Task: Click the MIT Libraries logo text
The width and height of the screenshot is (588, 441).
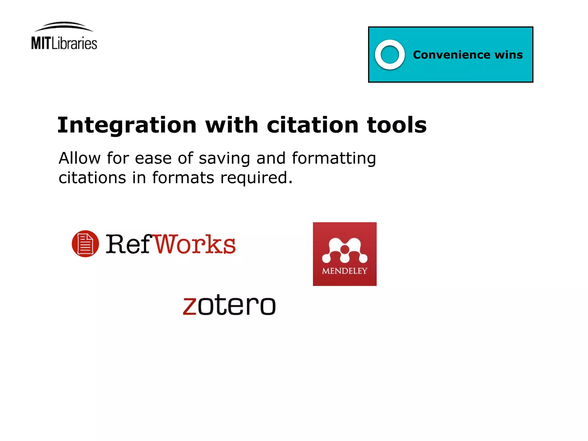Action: coord(64,43)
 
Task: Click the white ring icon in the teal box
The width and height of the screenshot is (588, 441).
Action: coord(390,55)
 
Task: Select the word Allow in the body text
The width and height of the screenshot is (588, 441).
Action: coord(80,158)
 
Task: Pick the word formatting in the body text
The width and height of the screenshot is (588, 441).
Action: coord(334,159)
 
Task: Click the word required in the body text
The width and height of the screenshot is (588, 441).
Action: coord(256,178)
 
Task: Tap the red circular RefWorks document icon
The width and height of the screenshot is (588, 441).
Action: coord(85,244)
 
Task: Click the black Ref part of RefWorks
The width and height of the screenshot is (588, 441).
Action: coord(129,244)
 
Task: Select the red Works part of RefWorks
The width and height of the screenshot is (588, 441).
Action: coord(195,244)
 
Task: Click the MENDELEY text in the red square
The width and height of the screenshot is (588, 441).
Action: coord(345,271)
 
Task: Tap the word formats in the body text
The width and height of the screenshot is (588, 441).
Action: coord(183,178)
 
